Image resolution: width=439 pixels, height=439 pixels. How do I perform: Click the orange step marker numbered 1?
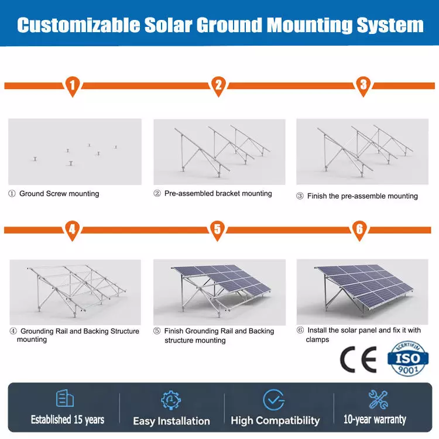click(x=73, y=85)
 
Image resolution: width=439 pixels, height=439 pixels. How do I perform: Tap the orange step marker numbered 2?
click(x=218, y=85)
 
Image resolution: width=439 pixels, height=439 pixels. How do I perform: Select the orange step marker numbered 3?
click(x=363, y=85)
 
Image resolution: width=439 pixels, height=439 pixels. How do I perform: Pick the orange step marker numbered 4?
click(x=72, y=230)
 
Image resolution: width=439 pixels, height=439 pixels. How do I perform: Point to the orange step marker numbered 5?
click(x=218, y=230)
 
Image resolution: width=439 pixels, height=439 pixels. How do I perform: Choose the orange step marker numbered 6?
click(x=359, y=230)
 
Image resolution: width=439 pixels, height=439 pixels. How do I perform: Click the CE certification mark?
click(x=358, y=359)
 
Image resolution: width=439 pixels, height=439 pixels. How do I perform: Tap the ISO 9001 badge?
click(x=408, y=358)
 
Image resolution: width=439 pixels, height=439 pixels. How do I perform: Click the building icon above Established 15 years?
click(x=65, y=398)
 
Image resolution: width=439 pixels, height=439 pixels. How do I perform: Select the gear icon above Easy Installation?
click(x=171, y=400)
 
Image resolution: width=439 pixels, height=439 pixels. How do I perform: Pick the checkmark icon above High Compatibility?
click(x=274, y=400)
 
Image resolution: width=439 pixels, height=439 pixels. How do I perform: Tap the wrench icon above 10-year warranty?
click(x=378, y=400)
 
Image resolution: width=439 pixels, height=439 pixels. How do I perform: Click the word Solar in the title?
click(x=168, y=25)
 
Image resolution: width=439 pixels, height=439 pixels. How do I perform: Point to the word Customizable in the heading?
click(x=78, y=25)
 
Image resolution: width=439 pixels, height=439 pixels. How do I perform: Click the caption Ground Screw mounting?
click(x=59, y=194)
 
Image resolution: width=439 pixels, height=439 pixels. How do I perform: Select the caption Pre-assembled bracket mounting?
click(x=218, y=194)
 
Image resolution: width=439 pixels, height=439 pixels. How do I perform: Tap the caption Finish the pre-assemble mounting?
click(x=362, y=196)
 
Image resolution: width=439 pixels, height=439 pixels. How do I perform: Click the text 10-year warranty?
click(x=375, y=420)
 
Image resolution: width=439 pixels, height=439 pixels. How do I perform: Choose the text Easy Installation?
click(x=172, y=421)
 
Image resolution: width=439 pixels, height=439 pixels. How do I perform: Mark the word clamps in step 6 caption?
click(x=317, y=339)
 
